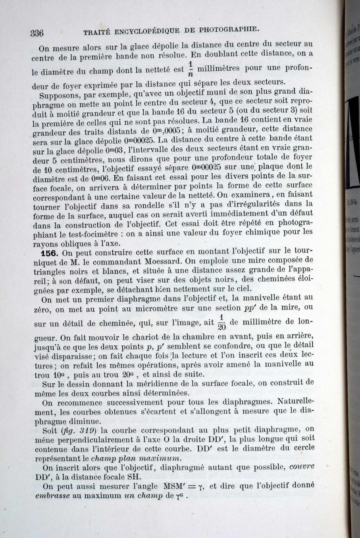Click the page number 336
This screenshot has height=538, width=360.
tap(37, 33)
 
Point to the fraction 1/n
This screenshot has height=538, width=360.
tap(190, 68)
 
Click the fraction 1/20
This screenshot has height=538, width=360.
tap(221, 322)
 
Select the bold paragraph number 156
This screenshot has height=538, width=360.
tap(50, 253)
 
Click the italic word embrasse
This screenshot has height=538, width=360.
tap(52, 496)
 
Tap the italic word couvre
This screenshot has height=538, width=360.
tap(301, 467)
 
